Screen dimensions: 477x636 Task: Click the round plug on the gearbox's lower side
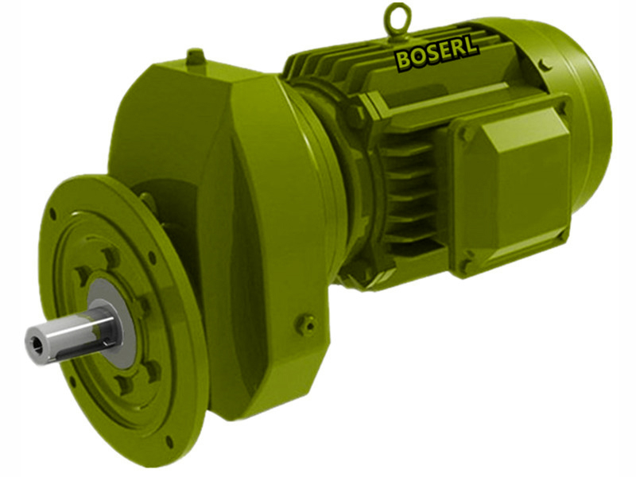pyautogui.click(x=307, y=324)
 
